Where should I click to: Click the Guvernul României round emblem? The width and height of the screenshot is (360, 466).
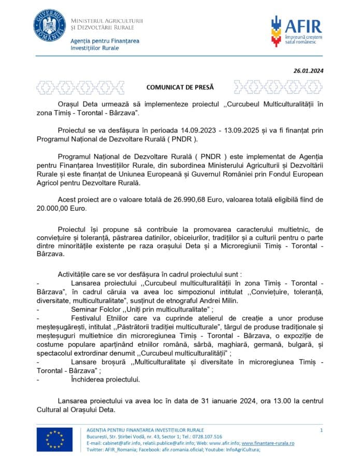[50, 26]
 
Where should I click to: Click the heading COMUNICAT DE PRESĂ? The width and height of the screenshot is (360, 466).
[180, 88]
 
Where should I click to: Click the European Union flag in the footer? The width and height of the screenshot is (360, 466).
[54, 440]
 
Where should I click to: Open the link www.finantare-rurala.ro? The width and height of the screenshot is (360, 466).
[268, 443]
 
